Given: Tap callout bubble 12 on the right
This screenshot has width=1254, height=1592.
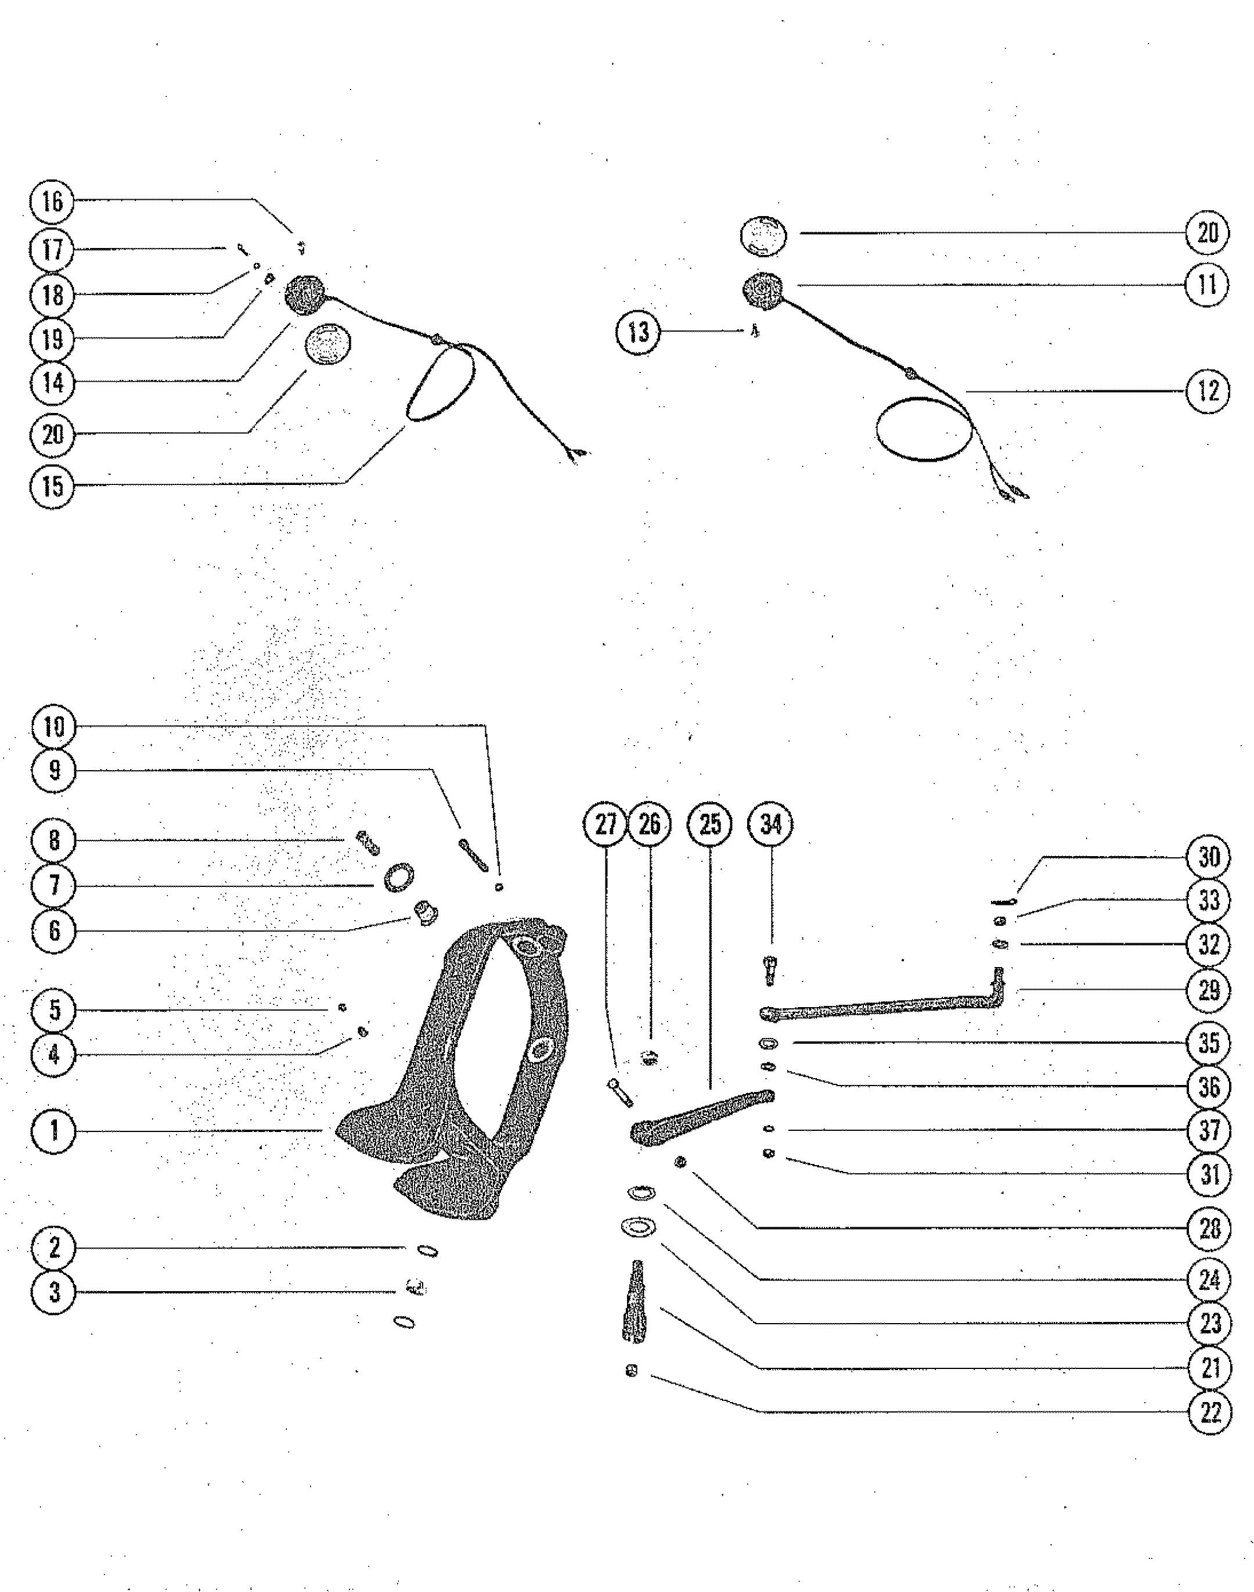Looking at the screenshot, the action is pos(1208,391).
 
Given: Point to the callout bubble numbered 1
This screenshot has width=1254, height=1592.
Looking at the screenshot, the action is pos(53,1130).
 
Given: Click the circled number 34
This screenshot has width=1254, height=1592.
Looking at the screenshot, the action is pos(770,825).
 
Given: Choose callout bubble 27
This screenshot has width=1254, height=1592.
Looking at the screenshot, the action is pos(606,825).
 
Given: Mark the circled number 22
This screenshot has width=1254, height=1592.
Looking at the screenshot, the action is pos(1209,1412).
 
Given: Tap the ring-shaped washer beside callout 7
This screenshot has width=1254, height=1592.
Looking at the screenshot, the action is pos(398,878).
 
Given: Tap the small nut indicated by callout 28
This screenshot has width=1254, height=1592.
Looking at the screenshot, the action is pos(680,1162).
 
